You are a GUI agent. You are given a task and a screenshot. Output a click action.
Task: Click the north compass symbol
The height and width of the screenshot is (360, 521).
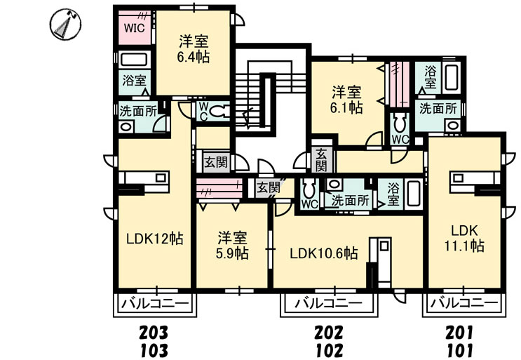click(x=65, y=25)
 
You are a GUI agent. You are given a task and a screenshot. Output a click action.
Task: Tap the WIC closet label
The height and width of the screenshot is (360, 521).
click(x=134, y=28)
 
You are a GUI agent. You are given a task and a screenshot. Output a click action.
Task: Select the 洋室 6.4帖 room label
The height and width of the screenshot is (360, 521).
click(x=194, y=49)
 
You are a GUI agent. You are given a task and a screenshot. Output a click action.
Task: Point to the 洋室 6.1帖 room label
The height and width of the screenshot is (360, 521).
click(x=346, y=100)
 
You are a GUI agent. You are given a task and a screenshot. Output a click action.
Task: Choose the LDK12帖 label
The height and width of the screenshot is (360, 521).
click(x=154, y=239)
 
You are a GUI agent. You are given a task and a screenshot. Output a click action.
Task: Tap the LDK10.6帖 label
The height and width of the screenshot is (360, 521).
click(x=324, y=253)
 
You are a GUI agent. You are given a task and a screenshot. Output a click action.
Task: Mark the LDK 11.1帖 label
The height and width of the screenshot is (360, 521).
click(x=464, y=238)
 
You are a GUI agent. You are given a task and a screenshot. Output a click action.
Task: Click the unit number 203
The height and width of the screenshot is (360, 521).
click(x=153, y=332)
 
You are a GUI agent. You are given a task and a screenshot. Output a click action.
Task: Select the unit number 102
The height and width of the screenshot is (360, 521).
click(x=330, y=350)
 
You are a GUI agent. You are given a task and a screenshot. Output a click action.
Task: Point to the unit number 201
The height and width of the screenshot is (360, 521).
click(x=459, y=332)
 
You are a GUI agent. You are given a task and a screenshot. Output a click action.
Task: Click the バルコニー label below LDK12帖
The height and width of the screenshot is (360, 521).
click(x=155, y=303)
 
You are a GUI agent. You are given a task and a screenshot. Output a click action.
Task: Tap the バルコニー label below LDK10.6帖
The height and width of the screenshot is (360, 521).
click(x=329, y=303)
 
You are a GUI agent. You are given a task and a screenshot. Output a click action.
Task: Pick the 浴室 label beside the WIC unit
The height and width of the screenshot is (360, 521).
click(x=134, y=81)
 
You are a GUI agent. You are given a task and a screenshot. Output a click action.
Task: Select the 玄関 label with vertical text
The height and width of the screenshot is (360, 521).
click(x=320, y=160)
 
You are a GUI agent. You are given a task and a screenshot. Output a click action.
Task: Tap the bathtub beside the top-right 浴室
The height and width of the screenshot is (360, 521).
click(x=451, y=77)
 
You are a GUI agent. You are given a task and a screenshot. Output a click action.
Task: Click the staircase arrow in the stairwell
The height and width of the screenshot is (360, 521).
click(x=247, y=117)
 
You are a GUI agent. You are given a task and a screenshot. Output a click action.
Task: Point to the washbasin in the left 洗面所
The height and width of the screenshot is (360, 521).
click(x=126, y=126)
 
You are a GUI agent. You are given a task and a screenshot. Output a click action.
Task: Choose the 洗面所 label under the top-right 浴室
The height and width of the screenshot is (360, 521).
click(x=438, y=109)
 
